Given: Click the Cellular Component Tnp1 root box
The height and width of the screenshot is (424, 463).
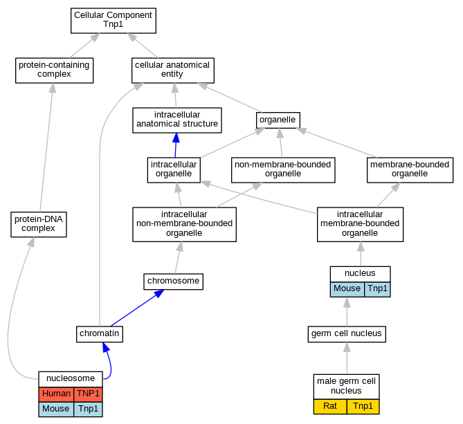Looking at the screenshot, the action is [114, 21].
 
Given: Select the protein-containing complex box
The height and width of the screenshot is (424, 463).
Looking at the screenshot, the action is [55, 71].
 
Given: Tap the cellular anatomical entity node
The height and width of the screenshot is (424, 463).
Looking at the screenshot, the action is [173, 71].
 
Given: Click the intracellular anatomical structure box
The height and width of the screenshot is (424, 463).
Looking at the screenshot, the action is [177, 120].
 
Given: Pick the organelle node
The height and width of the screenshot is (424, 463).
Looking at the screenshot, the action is [278, 120].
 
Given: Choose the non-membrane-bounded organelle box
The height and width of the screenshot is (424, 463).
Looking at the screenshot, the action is [283, 170].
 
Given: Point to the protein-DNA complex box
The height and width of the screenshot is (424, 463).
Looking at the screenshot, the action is [39, 224].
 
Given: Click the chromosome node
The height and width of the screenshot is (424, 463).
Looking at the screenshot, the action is [173, 282].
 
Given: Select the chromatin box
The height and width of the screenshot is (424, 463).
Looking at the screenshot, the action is [100, 334].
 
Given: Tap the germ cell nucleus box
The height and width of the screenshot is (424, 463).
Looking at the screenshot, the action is [347, 334].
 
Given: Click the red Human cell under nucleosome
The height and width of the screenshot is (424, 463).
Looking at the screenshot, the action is [56, 394].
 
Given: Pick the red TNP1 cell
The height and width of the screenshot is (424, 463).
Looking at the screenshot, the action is [88, 394].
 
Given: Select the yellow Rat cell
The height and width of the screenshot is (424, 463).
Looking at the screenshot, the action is [330, 407].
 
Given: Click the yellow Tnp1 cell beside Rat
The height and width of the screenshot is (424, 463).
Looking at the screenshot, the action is [363, 407].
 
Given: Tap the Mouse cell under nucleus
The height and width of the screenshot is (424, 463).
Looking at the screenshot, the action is [347, 289].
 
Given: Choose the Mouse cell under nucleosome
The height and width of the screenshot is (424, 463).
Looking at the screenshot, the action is [56, 409].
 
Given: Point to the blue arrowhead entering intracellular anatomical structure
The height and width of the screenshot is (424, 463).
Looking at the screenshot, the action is [176, 138].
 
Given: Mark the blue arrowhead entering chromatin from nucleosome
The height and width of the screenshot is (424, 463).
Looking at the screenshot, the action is [106, 347].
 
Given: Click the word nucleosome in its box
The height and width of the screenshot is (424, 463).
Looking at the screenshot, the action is [71, 378].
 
